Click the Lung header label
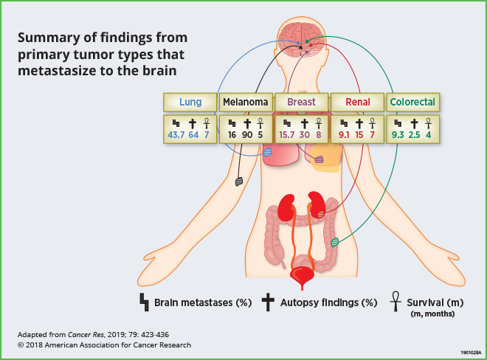[x=190, y=102]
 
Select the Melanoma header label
[x=246, y=102]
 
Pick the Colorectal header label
[x=412, y=102]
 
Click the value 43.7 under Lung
[x=177, y=136]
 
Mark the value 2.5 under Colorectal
[x=413, y=136]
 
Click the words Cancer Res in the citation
[x=86, y=334]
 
